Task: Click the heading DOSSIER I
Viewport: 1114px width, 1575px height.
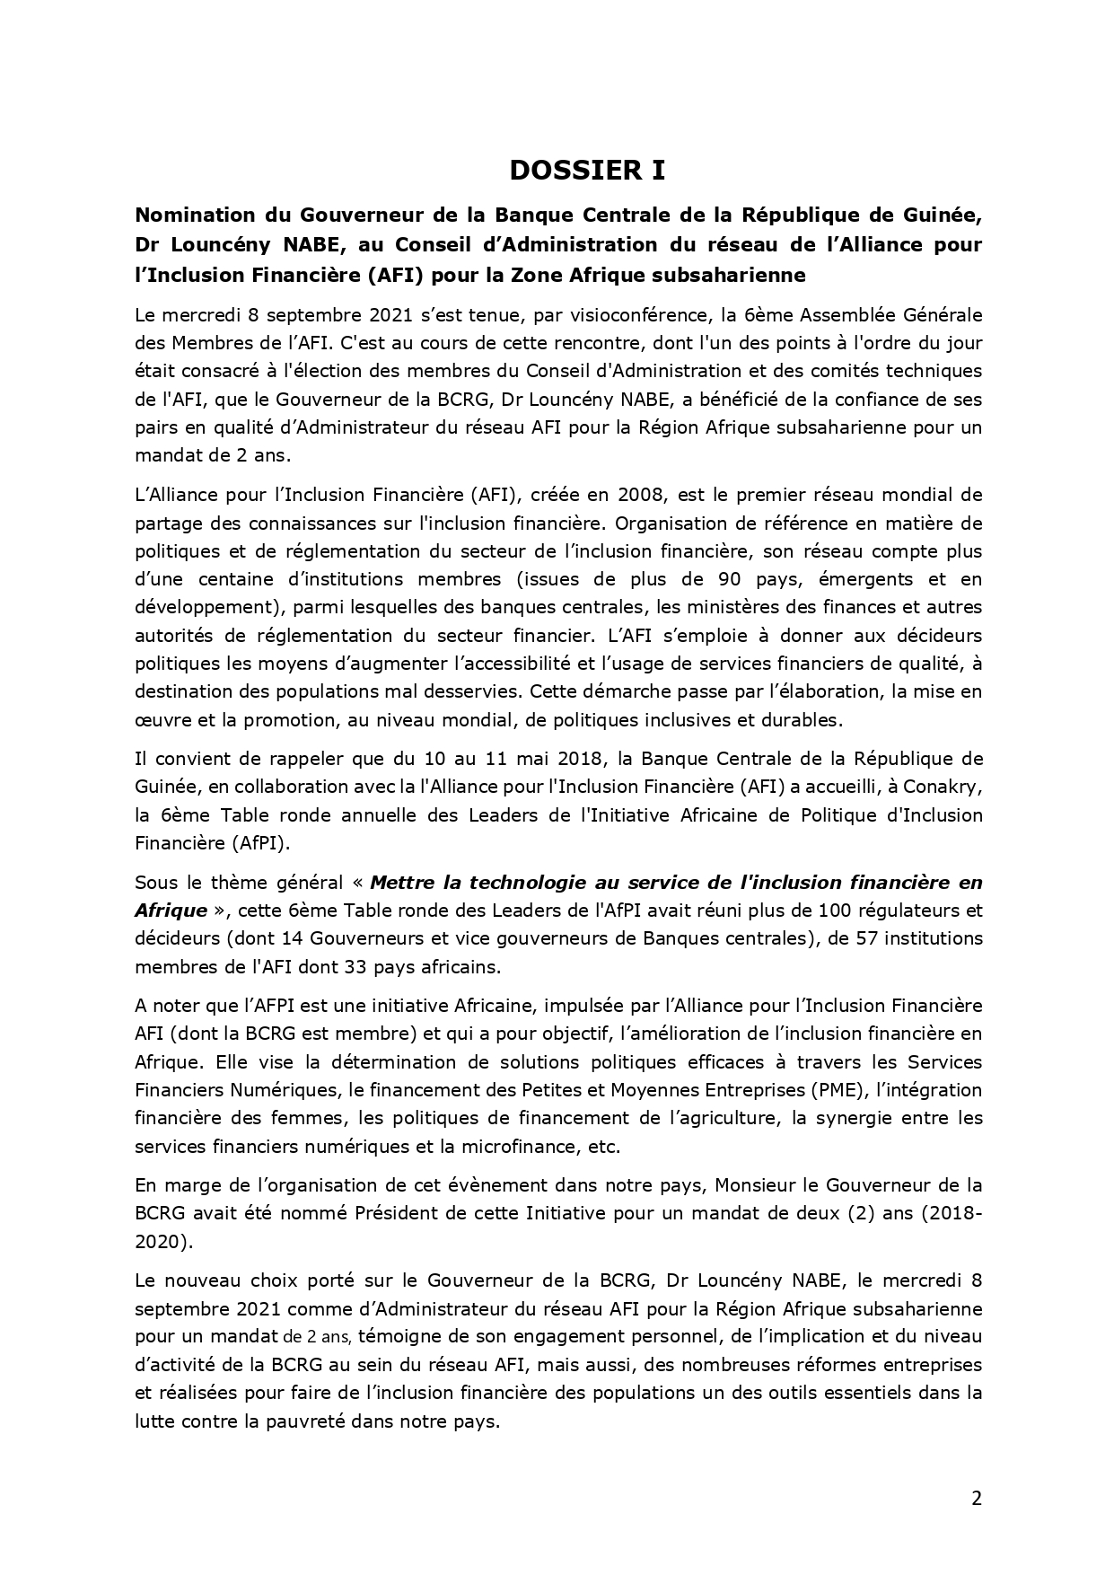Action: click(x=587, y=170)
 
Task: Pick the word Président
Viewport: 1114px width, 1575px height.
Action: click(x=393, y=1213)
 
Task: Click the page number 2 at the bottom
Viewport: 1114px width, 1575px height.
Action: click(x=976, y=1498)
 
